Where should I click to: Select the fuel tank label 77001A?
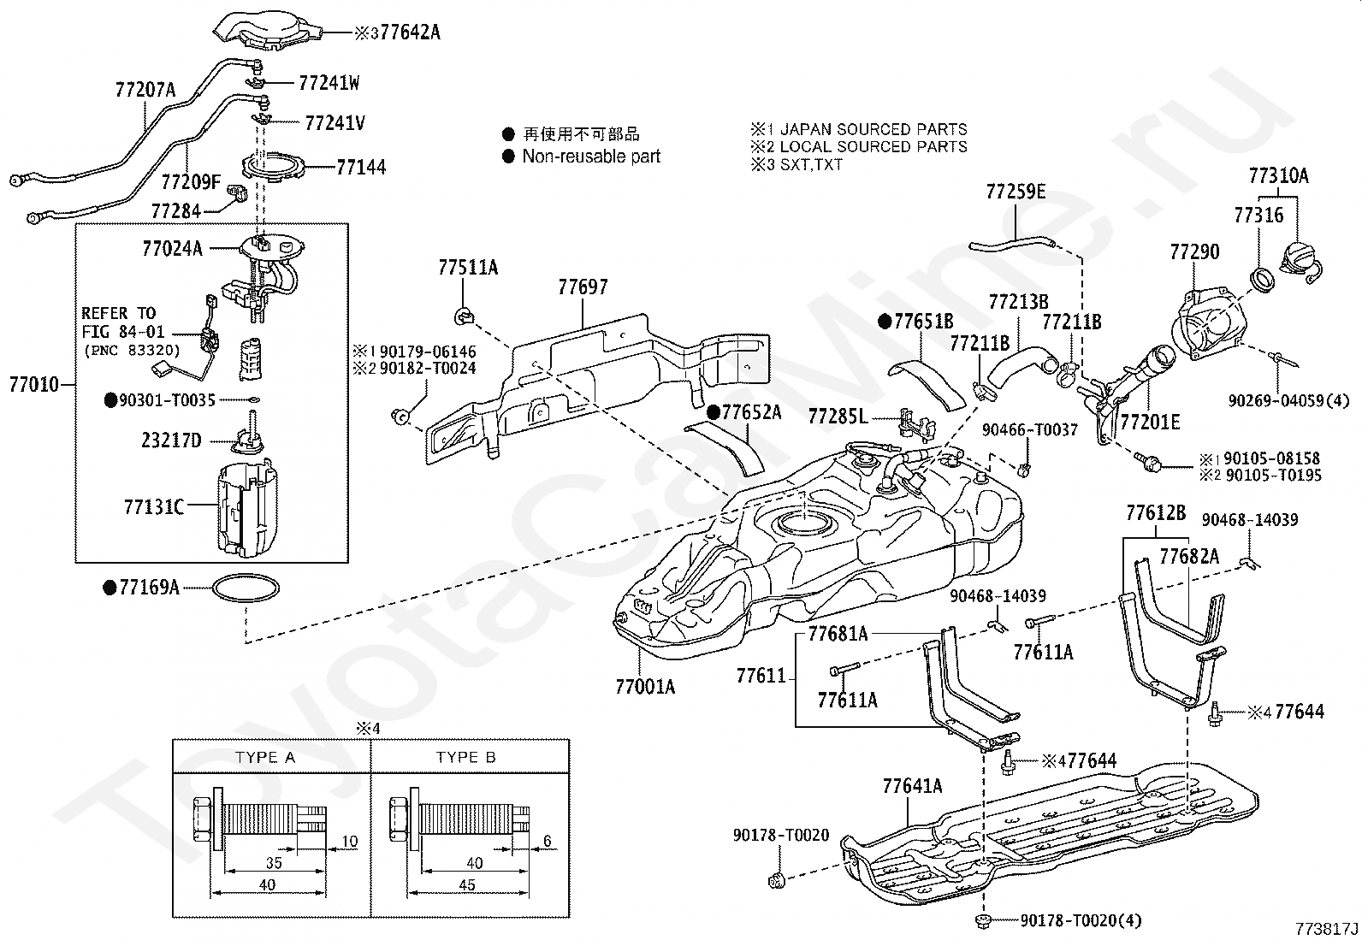pyautogui.click(x=645, y=686)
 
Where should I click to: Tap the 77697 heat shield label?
pyautogui.click(x=583, y=287)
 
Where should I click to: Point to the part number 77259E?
pyautogui.click(x=1016, y=192)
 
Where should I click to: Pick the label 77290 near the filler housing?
pyautogui.click(x=1194, y=252)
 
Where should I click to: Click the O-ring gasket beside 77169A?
pyautogui.click(x=246, y=588)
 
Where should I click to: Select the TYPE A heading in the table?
pyautogui.click(x=265, y=758)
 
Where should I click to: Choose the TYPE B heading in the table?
pyautogui.click(x=465, y=758)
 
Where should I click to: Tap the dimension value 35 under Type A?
pyautogui.click(x=274, y=863)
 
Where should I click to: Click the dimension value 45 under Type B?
pyautogui.click(x=467, y=885)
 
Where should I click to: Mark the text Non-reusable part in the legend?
pyautogui.click(x=591, y=157)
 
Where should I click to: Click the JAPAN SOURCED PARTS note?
pyautogui.click(x=873, y=129)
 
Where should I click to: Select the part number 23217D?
pyautogui.click(x=171, y=440)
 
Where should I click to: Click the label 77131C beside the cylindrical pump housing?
pyautogui.click(x=154, y=507)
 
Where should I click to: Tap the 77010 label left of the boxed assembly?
pyautogui.click(x=34, y=384)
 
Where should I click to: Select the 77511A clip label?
pyautogui.click(x=468, y=269)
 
